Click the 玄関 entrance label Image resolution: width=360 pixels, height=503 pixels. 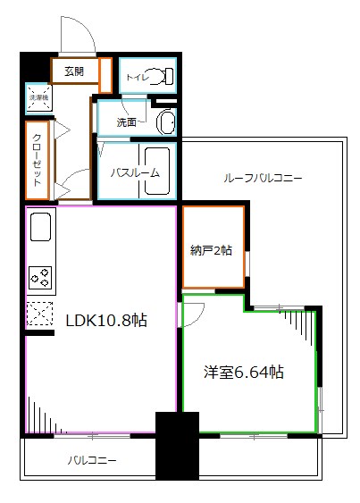(x=73, y=72)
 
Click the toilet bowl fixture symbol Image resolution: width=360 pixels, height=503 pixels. (x=162, y=77)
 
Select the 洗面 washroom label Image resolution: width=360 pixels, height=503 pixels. (x=128, y=122)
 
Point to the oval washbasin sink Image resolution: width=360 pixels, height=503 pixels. (x=166, y=122)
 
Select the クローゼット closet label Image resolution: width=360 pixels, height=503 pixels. (x=38, y=162)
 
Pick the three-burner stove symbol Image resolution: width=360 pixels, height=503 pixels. (x=41, y=278)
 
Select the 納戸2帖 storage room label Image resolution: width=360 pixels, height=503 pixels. (x=212, y=251)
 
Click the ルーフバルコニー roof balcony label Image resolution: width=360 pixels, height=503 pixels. (x=263, y=178)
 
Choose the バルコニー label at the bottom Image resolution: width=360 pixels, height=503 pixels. (x=92, y=462)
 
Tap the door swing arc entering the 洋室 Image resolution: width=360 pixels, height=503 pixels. (x=194, y=313)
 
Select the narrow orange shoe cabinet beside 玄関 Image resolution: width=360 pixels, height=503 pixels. (x=105, y=75)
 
